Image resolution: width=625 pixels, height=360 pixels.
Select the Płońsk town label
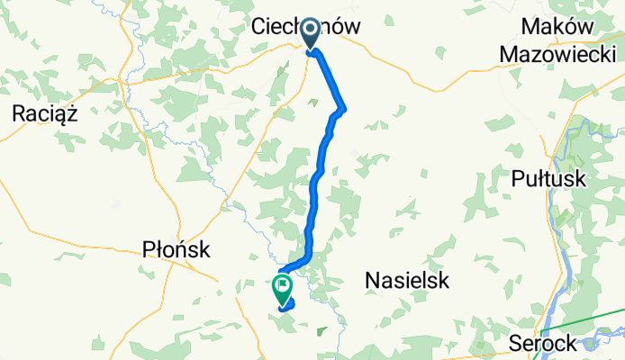pyautogui.click(x=177, y=249)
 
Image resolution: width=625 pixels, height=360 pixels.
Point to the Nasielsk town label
pyautogui.click(x=407, y=281)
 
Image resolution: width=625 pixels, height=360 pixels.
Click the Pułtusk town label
pyautogui.click(x=548, y=178)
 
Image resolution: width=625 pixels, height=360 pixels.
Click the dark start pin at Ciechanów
pyautogui.click(x=311, y=33)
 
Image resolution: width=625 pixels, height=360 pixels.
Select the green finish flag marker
pyautogui.click(x=282, y=288)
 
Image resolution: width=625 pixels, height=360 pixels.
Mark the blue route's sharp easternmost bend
pyautogui.click(x=343, y=110)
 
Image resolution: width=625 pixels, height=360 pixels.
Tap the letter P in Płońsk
pyautogui.click(x=149, y=249)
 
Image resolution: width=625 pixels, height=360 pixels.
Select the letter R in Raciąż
pyautogui.click(x=20, y=112)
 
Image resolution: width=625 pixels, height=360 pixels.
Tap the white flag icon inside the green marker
pyautogui.click(x=283, y=286)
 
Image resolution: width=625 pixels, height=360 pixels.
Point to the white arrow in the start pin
pyautogui.click(x=311, y=31)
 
